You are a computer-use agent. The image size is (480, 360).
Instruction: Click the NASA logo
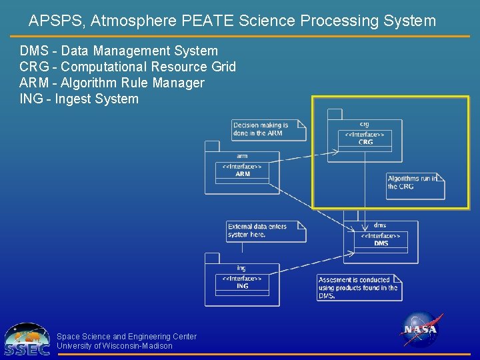(421, 330)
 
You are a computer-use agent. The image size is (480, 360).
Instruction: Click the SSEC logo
(27, 340)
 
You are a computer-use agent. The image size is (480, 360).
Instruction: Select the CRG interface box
(365, 138)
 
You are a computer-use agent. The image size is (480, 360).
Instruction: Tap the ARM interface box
(243, 170)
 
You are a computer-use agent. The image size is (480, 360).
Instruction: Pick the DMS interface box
(381, 239)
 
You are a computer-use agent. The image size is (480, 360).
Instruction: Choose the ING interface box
(242, 282)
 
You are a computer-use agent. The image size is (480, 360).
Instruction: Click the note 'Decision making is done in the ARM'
(267, 129)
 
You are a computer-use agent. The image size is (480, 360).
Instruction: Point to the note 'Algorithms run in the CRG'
(414, 183)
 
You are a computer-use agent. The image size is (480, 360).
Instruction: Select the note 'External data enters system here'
(265, 231)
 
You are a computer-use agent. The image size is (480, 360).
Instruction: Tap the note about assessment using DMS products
(358, 287)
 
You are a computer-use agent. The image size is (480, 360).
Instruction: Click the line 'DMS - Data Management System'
(119, 51)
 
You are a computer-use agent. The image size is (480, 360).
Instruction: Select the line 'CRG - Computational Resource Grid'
(128, 67)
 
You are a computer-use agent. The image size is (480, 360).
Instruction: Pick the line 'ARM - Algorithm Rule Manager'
(112, 83)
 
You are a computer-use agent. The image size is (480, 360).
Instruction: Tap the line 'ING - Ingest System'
(79, 99)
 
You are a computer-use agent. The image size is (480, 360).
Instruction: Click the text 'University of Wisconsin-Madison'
(115, 346)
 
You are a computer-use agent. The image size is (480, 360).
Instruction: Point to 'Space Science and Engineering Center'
(127, 337)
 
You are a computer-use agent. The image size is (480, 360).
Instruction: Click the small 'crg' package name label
(365, 124)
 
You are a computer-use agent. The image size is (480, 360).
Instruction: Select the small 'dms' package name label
(380, 225)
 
